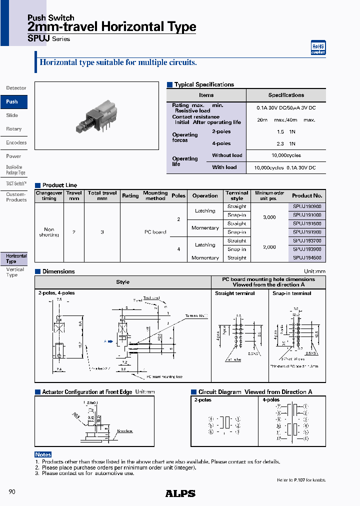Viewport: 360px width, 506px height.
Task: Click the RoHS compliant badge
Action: pos(318,47)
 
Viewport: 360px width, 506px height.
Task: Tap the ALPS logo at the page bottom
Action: pos(180,493)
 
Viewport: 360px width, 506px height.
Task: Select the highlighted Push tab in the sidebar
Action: pos(12,101)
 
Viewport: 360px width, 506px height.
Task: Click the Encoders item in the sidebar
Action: pos(16,142)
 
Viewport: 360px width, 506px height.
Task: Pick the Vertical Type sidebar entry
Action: pos(14,272)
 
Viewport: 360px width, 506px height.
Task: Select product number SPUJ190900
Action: pos(307,206)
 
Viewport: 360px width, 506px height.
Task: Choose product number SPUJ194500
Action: pos(307,257)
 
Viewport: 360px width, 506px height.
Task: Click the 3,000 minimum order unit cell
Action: pos(269,217)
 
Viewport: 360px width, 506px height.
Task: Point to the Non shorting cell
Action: pos(49,232)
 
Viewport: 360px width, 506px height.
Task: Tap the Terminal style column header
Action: pos(236,195)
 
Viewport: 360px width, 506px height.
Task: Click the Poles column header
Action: pos(178,195)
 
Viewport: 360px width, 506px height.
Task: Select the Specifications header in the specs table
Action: pos(286,95)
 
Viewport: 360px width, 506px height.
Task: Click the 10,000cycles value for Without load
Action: pos(285,155)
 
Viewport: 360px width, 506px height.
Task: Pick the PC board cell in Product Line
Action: pos(155,232)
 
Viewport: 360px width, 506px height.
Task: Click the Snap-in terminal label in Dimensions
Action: pos(291,293)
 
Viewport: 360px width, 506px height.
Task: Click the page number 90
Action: pos(12,492)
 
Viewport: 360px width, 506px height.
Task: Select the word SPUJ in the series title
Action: pos(39,38)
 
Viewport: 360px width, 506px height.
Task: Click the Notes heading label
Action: pos(43,454)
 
